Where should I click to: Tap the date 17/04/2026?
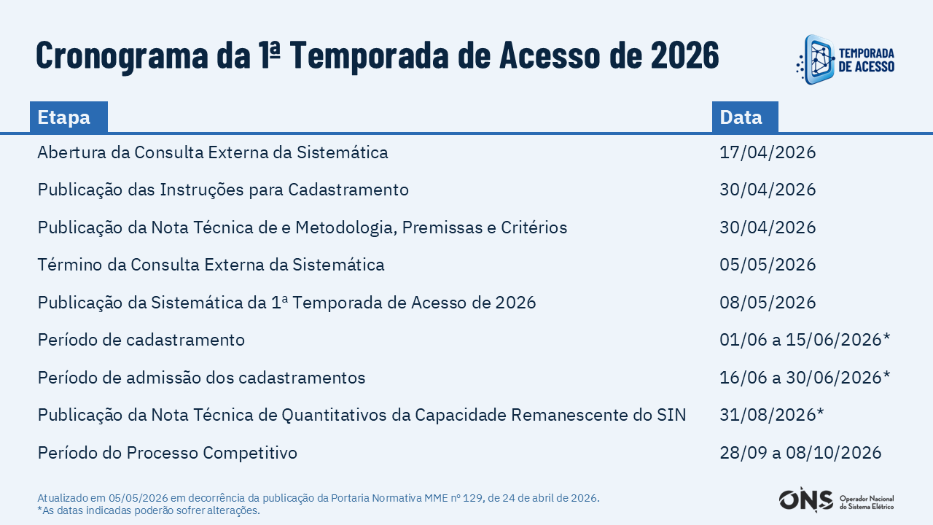[x=768, y=152]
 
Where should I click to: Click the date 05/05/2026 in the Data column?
[x=768, y=265]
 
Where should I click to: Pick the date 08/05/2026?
[x=768, y=303]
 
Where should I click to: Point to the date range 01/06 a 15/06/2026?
[x=805, y=340]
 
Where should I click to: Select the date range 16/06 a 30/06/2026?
[x=805, y=378]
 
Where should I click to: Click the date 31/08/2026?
[x=772, y=415]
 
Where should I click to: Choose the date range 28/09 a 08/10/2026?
[x=800, y=453]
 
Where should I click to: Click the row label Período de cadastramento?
[x=141, y=340]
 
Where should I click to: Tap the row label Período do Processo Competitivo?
[x=168, y=453]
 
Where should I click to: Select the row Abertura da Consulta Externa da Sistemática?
[x=213, y=152]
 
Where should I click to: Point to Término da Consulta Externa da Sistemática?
[x=211, y=265]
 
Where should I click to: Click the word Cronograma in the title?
[x=122, y=55]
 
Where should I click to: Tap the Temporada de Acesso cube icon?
[x=816, y=60]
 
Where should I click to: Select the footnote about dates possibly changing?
[x=149, y=510]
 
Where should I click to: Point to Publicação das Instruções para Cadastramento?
[x=223, y=190]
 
